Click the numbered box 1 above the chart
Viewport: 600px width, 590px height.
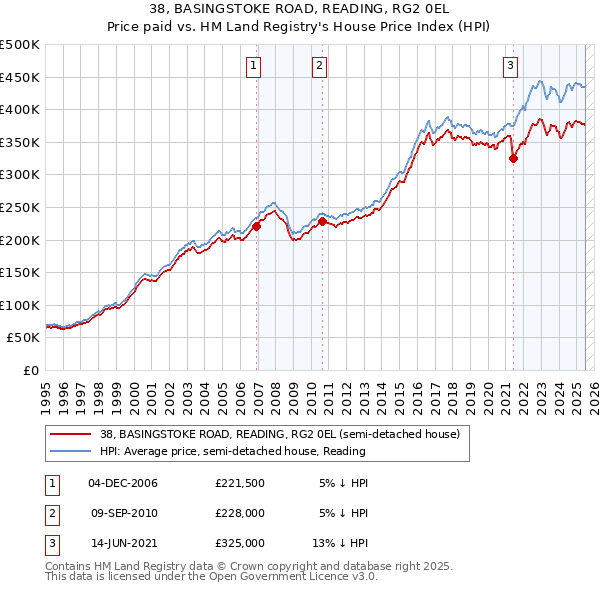[254, 67]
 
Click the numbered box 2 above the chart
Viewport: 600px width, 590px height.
[319, 67]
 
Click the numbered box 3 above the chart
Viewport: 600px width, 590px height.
[510, 67]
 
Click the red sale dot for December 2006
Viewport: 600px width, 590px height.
[257, 226]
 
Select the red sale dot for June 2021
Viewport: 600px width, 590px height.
[513, 158]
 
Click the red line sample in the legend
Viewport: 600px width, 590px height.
[70, 434]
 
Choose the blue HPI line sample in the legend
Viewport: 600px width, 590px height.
[70, 451]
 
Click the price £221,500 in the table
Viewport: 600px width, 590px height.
[239, 483]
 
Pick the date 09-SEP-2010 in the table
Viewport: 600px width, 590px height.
[123, 513]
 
